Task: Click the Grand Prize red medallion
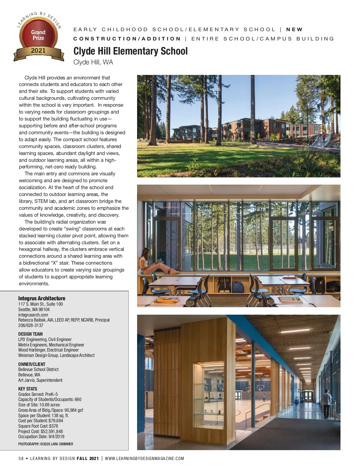(38, 35)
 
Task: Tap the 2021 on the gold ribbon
(38, 51)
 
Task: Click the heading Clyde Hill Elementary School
(130, 51)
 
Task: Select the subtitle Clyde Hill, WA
(93, 62)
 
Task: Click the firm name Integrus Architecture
(42, 298)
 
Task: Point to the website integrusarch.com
(33, 315)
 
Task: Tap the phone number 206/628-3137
(31, 325)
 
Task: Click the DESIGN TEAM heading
(30, 334)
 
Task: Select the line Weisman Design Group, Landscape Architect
(56, 355)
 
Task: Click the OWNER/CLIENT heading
(32, 364)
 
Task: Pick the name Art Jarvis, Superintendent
(40, 380)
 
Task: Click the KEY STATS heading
(28, 389)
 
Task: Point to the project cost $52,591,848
(52, 432)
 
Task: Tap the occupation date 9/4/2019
(56, 437)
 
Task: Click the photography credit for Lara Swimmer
(46, 444)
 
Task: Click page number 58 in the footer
(21, 459)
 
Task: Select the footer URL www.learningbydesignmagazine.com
(144, 459)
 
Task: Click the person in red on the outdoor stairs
(324, 138)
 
